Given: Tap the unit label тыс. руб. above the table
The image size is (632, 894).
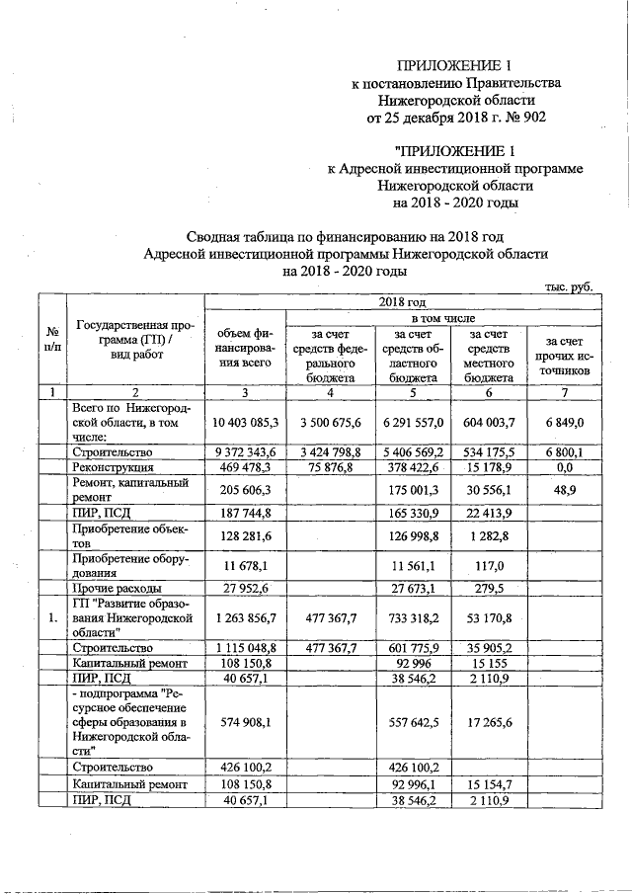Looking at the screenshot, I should tap(568, 286).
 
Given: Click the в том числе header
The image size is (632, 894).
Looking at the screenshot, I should tap(441, 319).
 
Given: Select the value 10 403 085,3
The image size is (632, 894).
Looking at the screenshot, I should tap(244, 422).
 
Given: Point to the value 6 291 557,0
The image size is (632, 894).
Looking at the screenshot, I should tap(409, 422).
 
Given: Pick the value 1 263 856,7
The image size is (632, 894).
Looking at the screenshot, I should tap(244, 619).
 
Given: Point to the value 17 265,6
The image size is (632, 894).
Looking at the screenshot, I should tap(488, 721).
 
